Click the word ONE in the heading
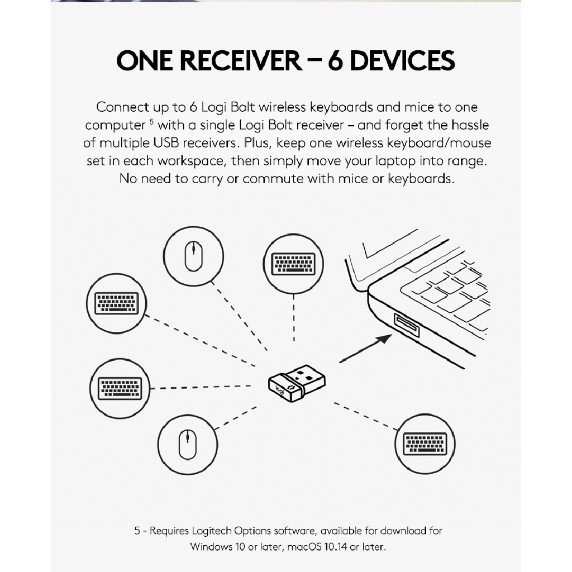[x=145, y=60]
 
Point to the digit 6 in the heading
[x=336, y=60]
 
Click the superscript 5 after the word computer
[x=152, y=121]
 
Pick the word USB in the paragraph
[x=166, y=142]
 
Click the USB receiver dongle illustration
[x=297, y=383]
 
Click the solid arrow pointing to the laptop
[x=365, y=349]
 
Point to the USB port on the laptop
[x=407, y=325]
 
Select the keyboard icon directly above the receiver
[x=293, y=264]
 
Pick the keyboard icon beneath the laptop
[x=425, y=444]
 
